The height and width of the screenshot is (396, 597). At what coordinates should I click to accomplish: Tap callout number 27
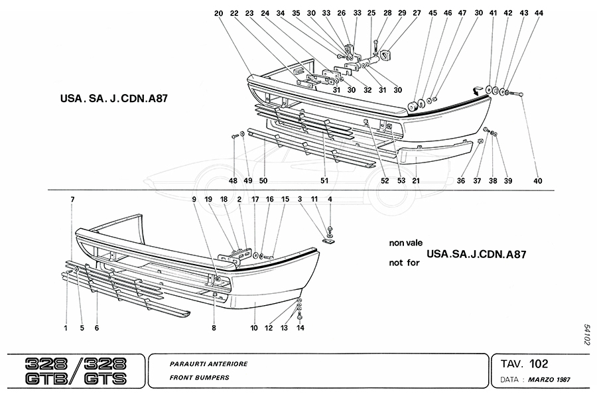417,13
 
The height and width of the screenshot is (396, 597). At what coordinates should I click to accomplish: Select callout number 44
538,13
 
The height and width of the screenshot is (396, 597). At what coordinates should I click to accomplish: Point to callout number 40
537,180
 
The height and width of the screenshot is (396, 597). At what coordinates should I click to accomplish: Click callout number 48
233,180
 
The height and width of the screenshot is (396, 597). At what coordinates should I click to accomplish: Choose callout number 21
417,180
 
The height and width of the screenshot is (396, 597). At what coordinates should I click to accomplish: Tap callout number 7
72,199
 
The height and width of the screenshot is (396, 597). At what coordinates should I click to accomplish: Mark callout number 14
300,328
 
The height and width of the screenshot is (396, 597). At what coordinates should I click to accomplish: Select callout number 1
66,328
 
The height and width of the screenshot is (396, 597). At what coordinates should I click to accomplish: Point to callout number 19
208,199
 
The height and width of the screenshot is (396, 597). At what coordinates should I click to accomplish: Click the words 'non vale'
405,243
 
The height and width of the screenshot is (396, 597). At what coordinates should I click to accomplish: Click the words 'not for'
404,262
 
